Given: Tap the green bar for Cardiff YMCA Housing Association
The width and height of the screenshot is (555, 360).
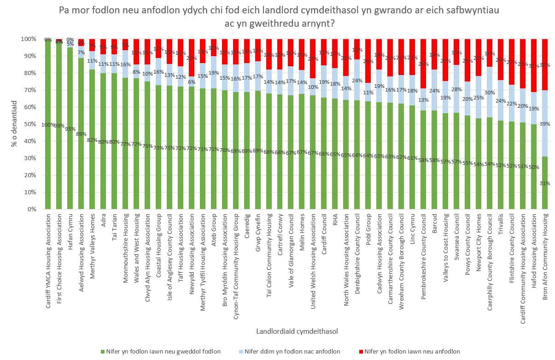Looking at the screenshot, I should (x=47, y=138).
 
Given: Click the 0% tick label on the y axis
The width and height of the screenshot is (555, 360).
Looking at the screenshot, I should (x=32, y=209).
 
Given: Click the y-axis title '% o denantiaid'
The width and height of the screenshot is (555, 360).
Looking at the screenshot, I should (x=14, y=124).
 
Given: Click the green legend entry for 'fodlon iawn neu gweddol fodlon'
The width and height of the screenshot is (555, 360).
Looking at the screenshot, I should (x=162, y=352).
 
